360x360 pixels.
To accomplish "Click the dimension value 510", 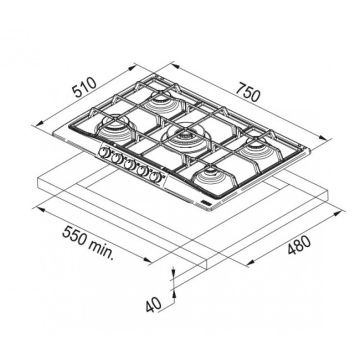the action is [85, 87].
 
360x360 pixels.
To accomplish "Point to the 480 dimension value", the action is [299, 245].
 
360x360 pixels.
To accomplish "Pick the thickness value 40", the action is [154, 305].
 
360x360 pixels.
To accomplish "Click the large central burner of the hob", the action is [185, 137].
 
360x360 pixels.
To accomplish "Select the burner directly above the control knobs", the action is [115, 128].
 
